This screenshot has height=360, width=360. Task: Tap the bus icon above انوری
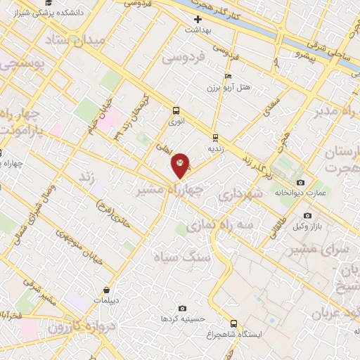[x=176, y=110]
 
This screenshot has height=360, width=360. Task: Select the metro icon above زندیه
[x=214, y=137]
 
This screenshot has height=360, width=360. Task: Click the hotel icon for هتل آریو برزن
[x=227, y=76]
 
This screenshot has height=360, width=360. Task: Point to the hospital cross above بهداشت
[x=198, y=19]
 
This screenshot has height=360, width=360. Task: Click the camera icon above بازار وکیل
[x=307, y=215]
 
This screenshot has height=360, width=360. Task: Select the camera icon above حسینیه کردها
[x=183, y=308]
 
